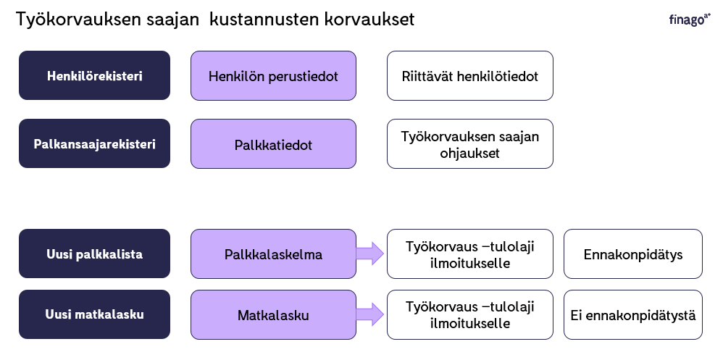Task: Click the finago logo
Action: coord(690,20)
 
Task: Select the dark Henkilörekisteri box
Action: coord(94,75)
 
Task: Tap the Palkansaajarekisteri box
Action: coord(94,144)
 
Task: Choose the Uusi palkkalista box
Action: coord(94,254)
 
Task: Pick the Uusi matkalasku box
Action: coord(94,315)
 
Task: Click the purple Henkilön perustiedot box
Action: coord(273,75)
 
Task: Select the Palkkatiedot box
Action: coord(273,144)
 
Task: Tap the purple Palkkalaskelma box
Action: coord(273,254)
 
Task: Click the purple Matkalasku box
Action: coord(273,315)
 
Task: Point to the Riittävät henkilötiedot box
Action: coord(470,75)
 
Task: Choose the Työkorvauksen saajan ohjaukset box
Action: coord(470,144)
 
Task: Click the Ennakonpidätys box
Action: coord(633,254)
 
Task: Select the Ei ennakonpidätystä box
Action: coord(633,315)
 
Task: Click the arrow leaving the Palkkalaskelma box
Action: coord(369,254)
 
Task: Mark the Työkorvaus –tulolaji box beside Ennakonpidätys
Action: coord(470,254)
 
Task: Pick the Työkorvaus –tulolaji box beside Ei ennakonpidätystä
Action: coord(470,315)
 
